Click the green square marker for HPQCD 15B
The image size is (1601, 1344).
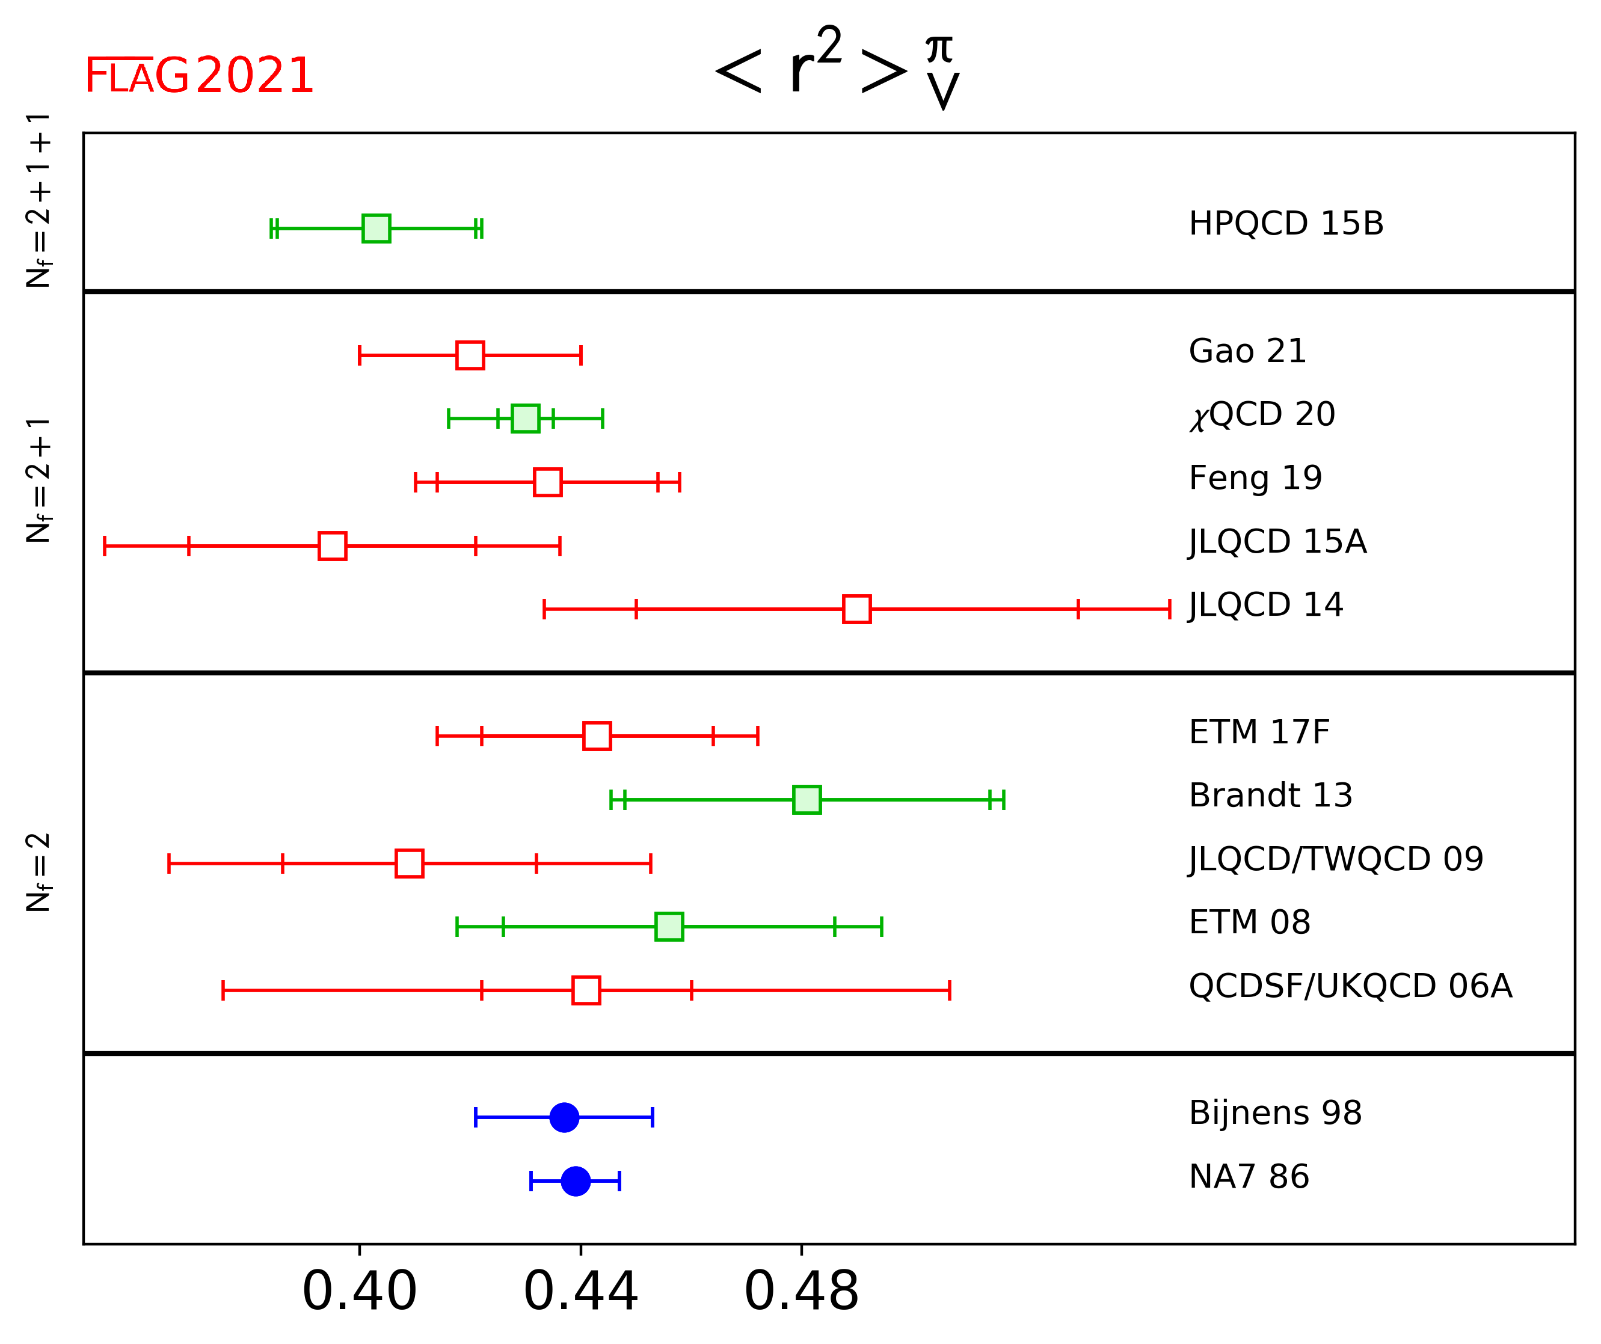[376, 229]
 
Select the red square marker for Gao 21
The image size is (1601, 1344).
[470, 355]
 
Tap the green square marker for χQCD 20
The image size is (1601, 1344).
[525, 419]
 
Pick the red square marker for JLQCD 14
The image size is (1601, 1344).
[856, 609]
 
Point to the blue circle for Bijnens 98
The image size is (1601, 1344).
[564, 1117]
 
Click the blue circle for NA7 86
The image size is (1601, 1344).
[576, 1181]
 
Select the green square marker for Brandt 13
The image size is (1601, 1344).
[807, 800]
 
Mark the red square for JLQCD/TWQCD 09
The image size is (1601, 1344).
[410, 864]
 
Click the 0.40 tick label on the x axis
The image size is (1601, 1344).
[360, 1292]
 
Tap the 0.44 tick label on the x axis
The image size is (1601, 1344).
[580, 1292]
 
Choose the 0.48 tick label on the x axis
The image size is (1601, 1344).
[801, 1292]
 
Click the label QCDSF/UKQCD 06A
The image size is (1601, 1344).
[1350, 986]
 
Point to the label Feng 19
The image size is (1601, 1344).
[1255, 478]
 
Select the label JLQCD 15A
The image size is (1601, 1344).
[1278, 542]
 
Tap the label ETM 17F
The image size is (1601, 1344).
[1259, 732]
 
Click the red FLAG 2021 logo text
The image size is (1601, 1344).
[199, 76]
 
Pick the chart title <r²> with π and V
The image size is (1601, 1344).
[837, 69]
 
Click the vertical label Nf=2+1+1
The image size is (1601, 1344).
[38, 200]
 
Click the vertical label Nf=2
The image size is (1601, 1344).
[38, 873]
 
